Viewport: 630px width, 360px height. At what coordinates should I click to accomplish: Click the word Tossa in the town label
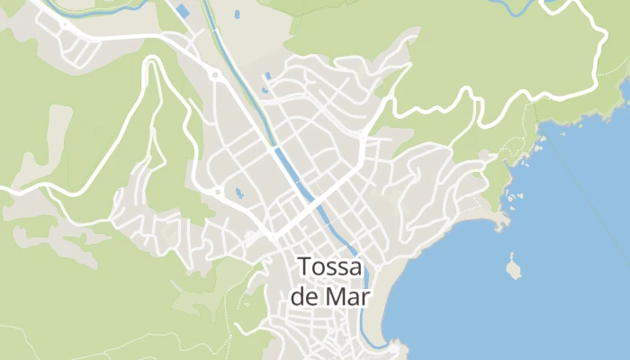[x=329, y=267]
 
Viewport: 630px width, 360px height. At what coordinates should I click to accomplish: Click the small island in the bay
[x=513, y=267]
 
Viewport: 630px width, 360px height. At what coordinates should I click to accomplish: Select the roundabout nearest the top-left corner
[x=65, y=26]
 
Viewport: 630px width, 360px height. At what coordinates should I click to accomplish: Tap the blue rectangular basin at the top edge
[x=183, y=12]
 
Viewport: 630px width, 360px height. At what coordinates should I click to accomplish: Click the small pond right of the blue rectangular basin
[x=237, y=15]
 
